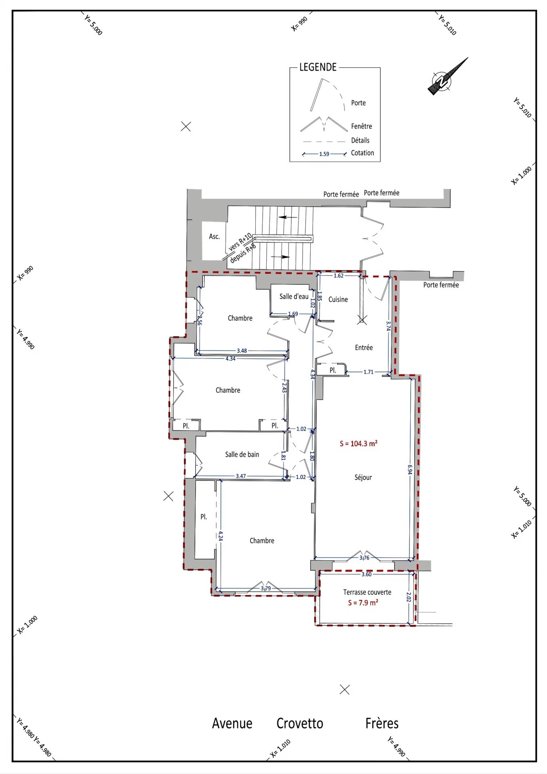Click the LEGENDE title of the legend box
[x=318, y=67]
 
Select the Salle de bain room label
[x=242, y=454]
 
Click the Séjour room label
[x=363, y=477]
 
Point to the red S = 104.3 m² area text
[x=359, y=443]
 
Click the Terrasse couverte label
[x=367, y=592]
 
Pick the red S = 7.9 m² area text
[x=363, y=603]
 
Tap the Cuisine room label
[x=338, y=299]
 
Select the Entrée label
[x=364, y=347]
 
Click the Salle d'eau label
[x=294, y=296]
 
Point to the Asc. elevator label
[x=214, y=236]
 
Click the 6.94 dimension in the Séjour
[x=410, y=469]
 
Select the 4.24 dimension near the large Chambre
[x=221, y=536]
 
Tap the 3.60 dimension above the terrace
[x=366, y=574]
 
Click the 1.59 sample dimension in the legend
[x=324, y=154]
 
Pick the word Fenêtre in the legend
[x=361, y=126]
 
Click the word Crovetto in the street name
[x=300, y=723]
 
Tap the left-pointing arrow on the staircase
[x=288, y=217]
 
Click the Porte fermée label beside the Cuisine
[x=441, y=285]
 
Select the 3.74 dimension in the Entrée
[x=388, y=325]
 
